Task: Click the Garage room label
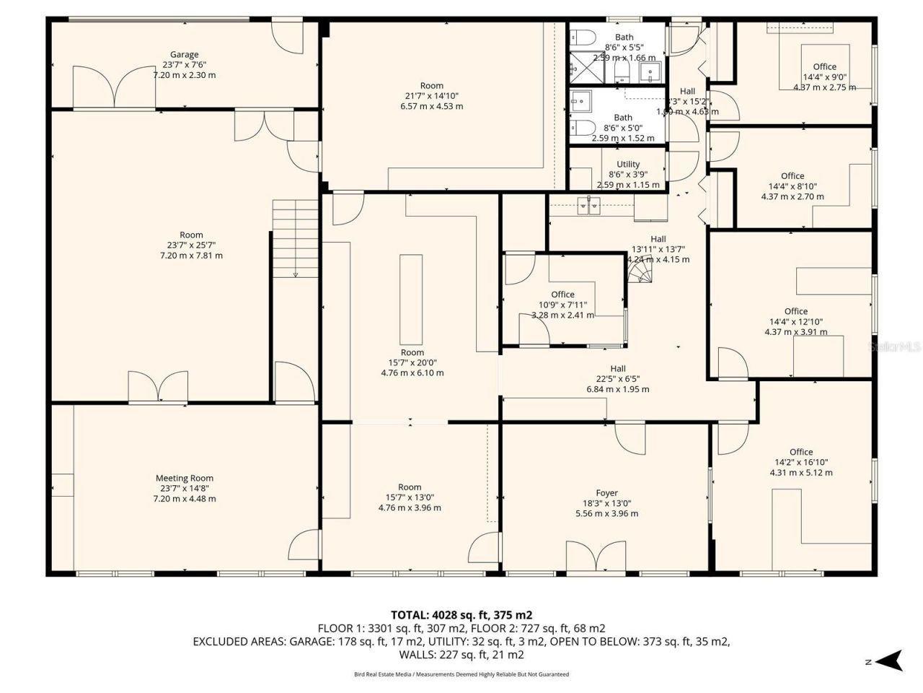tap(184, 55)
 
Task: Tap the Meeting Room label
tap(185, 478)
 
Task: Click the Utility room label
tap(628, 165)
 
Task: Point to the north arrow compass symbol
tap(891, 661)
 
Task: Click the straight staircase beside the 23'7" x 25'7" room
tap(295, 237)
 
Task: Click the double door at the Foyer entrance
tap(596, 557)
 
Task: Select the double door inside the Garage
tap(114, 87)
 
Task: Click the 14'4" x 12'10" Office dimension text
tap(796, 322)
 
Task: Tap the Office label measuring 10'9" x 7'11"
tap(562, 295)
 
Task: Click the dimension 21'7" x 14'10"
tap(432, 96)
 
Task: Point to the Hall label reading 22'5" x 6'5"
tap(617, 369)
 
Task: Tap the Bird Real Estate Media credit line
tap(461, 674)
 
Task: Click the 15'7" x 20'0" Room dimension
tap(412, 363)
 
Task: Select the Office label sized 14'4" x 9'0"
tap(824, 67)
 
